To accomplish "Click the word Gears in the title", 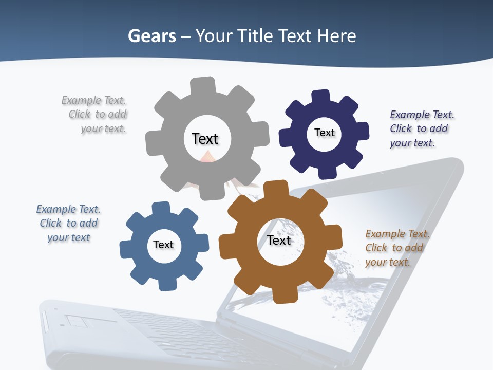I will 151,36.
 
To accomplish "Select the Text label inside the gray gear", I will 205,139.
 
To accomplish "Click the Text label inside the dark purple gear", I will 324,133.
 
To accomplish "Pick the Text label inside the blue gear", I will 163,245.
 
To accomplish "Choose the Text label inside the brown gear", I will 279,240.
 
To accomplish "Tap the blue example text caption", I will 68,224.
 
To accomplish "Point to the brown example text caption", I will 395,248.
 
